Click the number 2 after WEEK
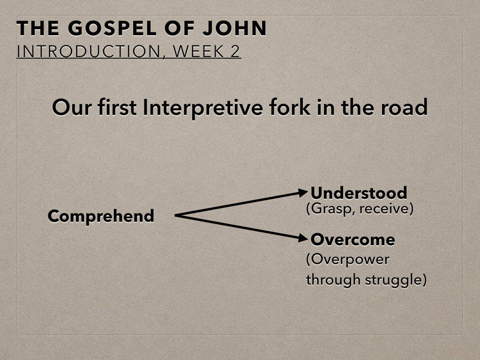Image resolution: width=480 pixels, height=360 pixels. click(x=235, y=51)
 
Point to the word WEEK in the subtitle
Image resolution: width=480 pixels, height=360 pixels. click(x=198, y=51)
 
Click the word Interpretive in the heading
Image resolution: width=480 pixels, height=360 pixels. click(x=202, y=108)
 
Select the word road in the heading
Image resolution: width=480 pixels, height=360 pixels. click(x=404, y=107)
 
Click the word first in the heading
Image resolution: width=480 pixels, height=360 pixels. click(x=117, y=107)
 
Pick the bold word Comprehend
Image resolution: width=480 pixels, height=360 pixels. click(x=101, y=216)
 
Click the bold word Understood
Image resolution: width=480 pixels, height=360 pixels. click(x=359, y=193)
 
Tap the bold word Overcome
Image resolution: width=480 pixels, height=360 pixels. click(x=352, y=240)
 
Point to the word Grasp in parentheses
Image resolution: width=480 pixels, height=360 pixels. click(x=330, y=209)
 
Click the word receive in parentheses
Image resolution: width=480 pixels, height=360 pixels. click(x=386, y=209)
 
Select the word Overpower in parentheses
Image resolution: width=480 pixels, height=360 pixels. click(x=348, y=260)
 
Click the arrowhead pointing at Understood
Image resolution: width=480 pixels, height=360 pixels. click(x=302, y=193)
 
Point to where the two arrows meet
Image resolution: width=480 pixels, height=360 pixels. click(x=175, y=216)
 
